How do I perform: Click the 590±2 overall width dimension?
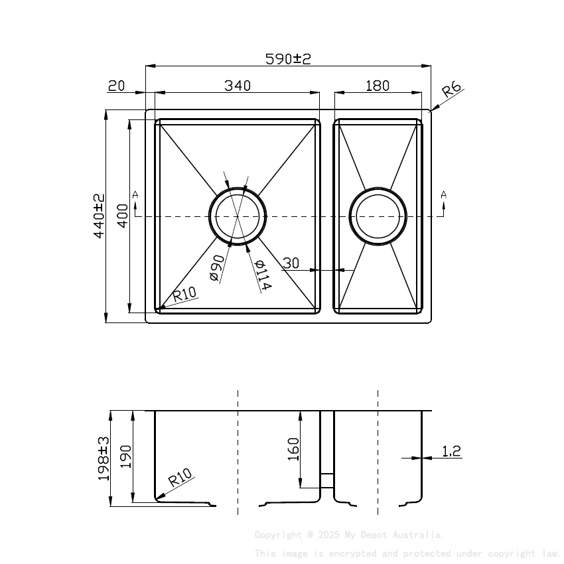[x=288, y=59]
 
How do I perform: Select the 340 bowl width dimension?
[x=237, y=86]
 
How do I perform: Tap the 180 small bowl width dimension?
[x=377, y=86]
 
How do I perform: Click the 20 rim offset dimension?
[x=116, y=86]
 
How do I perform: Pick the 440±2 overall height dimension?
[x=99, y=216]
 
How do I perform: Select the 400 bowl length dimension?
[x=122, y=216]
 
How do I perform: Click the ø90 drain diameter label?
[x=216, y=267]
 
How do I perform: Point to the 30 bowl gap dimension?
[x=291, y=263]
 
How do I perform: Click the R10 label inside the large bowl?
[x=184, y=294]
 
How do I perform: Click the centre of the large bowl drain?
[x=238, y=216]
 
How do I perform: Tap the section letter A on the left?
[x=135, y=194]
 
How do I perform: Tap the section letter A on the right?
[x=444, y=194]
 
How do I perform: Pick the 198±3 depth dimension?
[x=104, y=458]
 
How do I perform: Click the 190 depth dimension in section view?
[x=126, y=458]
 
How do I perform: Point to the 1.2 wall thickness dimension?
[x=451, y=452]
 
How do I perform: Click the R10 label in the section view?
[x=180, y=478]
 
